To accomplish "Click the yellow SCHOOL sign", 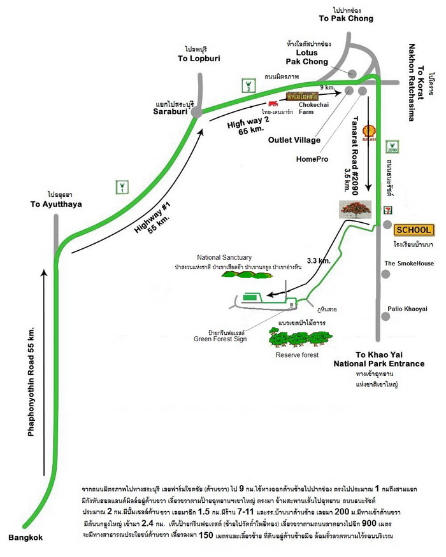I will point(414,230).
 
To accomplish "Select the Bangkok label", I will point(26,538).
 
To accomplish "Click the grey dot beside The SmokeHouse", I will point(386,274).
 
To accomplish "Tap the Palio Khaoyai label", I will point(409,309).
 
